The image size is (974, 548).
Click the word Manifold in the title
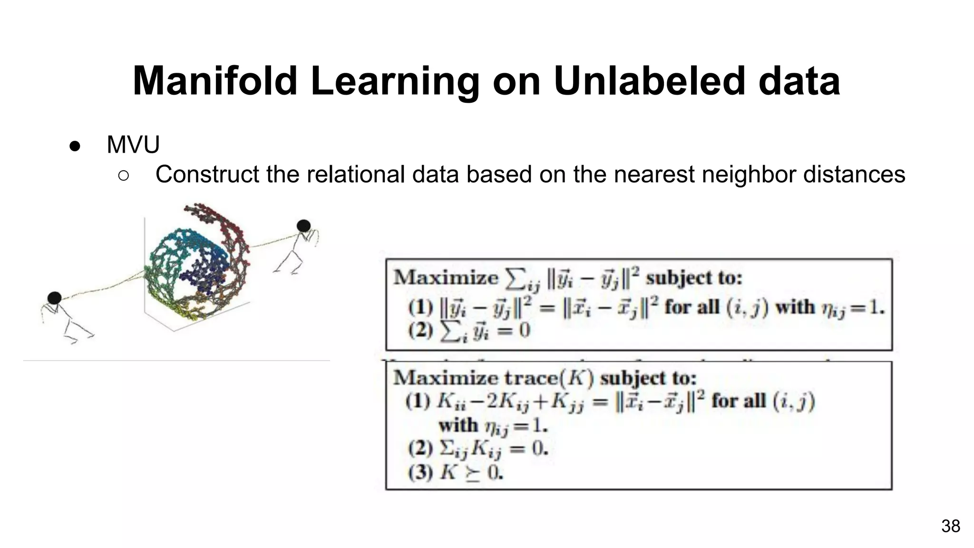215,81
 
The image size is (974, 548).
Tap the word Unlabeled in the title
649,81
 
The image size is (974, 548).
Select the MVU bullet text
133,145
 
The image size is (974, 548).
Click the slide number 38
950,526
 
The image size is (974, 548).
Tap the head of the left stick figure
55,298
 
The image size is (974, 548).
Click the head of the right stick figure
303,226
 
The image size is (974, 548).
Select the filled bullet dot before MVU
75,146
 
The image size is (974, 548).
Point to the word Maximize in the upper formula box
446,277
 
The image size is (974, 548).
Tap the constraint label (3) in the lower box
420,472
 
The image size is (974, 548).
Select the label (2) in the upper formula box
420,330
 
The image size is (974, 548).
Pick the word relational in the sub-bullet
358,174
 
